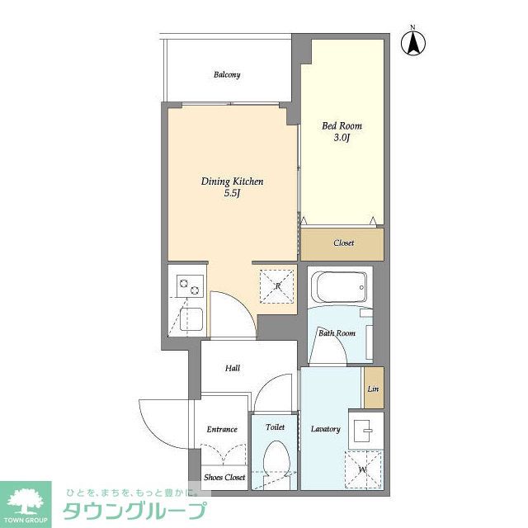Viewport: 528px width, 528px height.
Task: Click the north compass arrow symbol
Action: click(x=413, y=43)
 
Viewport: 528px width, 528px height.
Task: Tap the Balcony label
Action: click(x=227, y=74)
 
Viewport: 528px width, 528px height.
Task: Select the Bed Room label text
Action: click(x=342, y=125)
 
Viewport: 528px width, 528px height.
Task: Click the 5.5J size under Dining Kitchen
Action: click(x=232, y=193)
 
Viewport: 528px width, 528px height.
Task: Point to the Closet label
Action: click(x=343, y=243)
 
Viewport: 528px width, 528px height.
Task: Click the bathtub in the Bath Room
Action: click(x=339, y=287)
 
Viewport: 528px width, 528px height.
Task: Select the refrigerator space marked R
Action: click(x=277, y=286)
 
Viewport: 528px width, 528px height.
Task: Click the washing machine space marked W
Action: click(x=363, y=469)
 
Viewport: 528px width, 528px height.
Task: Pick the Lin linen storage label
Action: click(x=373, y=389)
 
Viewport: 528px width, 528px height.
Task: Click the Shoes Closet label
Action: click(x=224, y=477)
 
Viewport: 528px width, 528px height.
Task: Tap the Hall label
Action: click(x=233, y=368)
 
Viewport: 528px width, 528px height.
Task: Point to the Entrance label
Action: click(x=222, y=429)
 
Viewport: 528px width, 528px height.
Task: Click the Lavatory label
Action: click(x=325, y=429)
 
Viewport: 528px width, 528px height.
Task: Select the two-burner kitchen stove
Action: click(x=190, y=286)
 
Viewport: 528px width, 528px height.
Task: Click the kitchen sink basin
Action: click(x=191, y=319)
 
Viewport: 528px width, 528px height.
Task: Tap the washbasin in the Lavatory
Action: click(x=365, y=431)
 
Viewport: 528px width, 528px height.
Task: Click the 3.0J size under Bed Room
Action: click(x=342, y=138)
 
